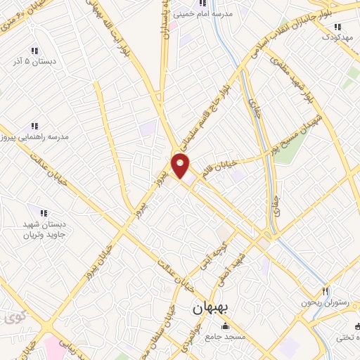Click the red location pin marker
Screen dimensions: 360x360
[x=181, y=167]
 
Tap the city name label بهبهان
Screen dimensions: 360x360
[x=211, y=308]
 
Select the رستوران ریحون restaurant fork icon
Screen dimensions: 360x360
[x=325, y=290]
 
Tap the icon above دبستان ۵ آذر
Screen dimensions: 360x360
[x=33, y=51]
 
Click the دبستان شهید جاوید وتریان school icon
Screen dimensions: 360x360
[x=43, y=212]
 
